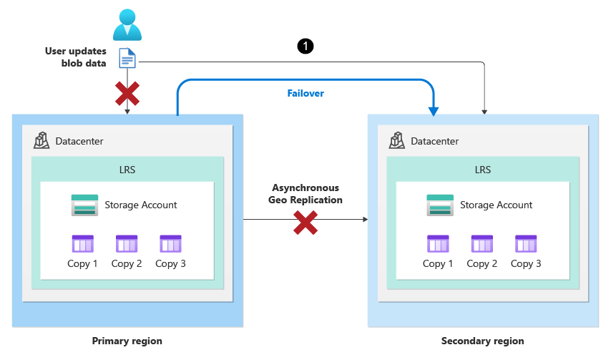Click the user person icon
127,24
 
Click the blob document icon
127,58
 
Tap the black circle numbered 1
305,47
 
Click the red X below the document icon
127,93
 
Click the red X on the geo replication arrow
305,222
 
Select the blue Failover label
305,93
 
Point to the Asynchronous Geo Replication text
305,194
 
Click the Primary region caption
127,341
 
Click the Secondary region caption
482,341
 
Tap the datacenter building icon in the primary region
42,140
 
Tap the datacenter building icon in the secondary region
398,140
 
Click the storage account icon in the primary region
84,205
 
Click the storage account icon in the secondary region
439,205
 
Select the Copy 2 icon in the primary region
127,244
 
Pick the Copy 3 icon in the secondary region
526,244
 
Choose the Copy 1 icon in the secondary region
438,244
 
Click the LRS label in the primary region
127,170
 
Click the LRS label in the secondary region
482,170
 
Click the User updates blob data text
76,57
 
